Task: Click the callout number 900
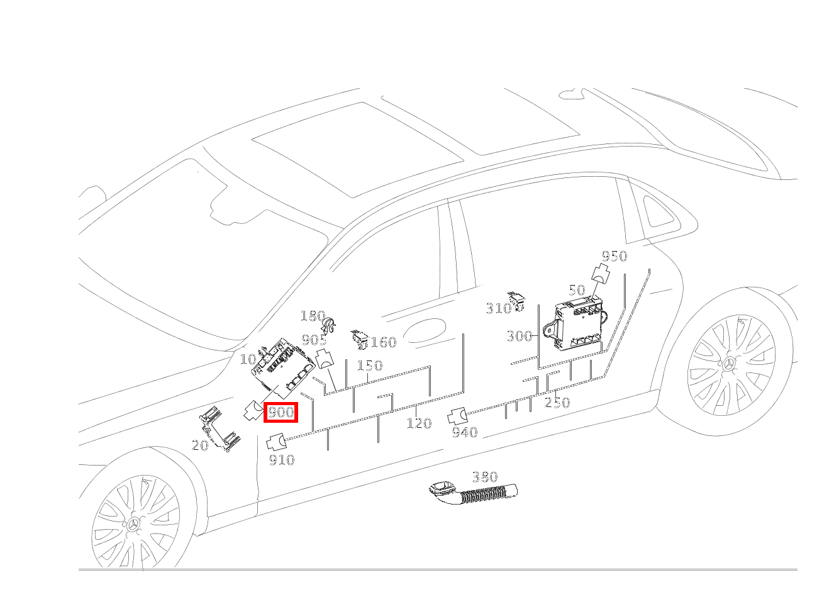tap(281, 413)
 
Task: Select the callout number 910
tap(281, 460)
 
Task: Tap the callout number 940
tap(464, 432)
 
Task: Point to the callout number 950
tap(614, 256)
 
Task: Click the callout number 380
tap(484, 478)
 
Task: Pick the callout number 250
tap(557, 403)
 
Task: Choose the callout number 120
tap(418, 423)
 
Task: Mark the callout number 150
tap(369, 366)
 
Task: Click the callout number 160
tap(383, 342)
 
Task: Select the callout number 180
tap(312, 316)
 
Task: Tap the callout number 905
tap(314, 340)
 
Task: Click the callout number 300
tap(519, 336)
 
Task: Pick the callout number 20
tap(199, 445)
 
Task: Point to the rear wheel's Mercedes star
tap(730, 366)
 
